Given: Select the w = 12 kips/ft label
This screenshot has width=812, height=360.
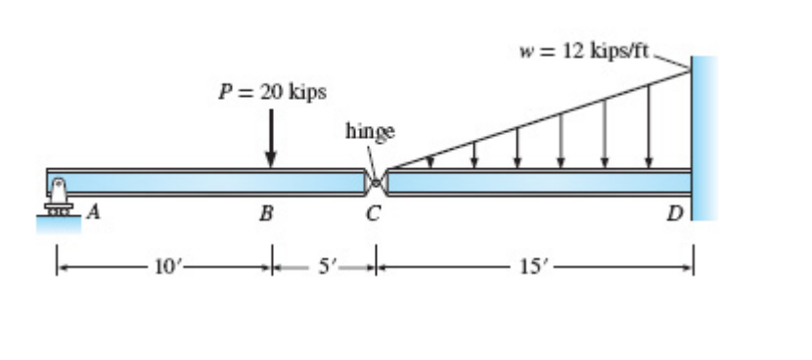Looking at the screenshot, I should pyautogui.click(x=586, y=50).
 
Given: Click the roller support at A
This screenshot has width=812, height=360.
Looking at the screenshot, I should pyautogui.click(x=58, y=196).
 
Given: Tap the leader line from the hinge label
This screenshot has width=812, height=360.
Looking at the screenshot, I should pyautogui.click(x=371, y=157).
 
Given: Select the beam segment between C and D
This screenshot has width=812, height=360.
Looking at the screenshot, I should pyautogui.click(x=538, y=183).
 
